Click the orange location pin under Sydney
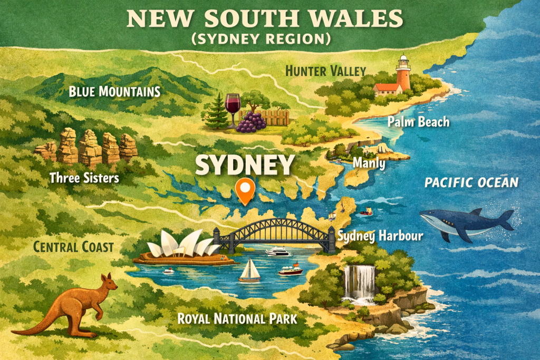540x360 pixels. pos(245,190)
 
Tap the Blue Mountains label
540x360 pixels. pos(114,92)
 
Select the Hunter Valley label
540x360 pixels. pos(325,71)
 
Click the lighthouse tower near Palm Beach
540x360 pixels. pos(403,74)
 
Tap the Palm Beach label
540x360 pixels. pos(418,122)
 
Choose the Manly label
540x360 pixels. pos(369,164)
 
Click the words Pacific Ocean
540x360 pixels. pos(471,183)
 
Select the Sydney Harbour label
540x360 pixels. pos(380,236)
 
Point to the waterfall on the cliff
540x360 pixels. pos(360,282)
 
